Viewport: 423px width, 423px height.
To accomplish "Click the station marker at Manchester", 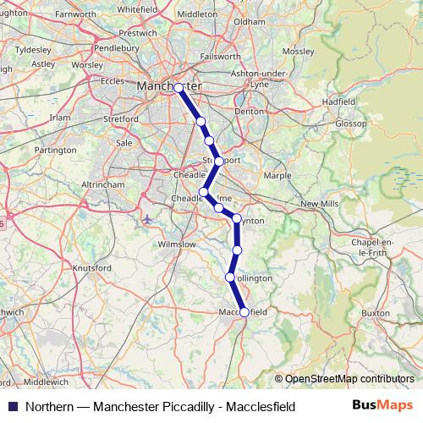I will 179,87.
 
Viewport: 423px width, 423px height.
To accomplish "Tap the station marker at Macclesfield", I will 244,312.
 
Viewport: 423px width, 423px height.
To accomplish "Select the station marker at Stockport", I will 218,161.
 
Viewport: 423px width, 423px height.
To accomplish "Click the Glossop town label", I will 351,123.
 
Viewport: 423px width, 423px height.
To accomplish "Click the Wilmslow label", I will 177,244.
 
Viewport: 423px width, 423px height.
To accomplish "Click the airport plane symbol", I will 148,220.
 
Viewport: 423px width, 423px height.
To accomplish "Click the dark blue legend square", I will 12,407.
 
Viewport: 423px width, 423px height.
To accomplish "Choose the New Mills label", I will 319,204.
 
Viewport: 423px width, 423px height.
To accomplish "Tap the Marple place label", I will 277,176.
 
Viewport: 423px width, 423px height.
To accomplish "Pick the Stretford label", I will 122,119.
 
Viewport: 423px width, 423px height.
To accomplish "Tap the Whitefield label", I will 138,8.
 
